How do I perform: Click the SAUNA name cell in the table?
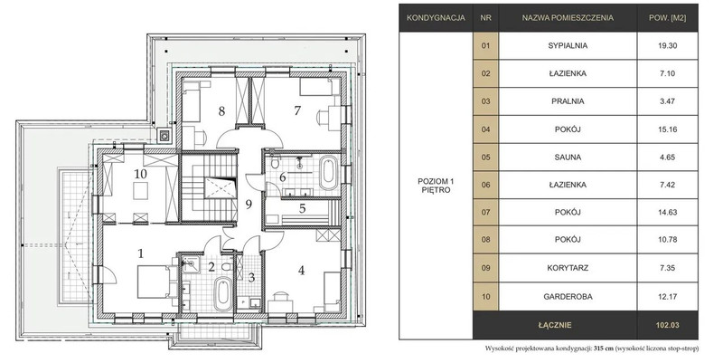568,157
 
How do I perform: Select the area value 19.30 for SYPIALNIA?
667,46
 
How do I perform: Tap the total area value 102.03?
667,325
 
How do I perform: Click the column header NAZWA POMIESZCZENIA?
568,18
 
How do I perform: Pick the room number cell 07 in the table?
485,213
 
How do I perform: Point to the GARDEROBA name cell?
568,297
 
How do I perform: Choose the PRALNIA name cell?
568,101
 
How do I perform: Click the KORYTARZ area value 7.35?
667,268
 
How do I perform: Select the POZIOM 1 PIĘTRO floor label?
436,186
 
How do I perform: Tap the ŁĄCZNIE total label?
555,325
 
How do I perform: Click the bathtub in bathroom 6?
328,172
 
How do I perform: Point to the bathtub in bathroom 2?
222,293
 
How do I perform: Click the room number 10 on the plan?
141,174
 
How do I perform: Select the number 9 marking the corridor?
249,204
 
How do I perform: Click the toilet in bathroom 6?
275,163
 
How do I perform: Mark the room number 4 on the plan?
301,270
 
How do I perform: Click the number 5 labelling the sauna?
302,208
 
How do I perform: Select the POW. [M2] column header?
667,18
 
